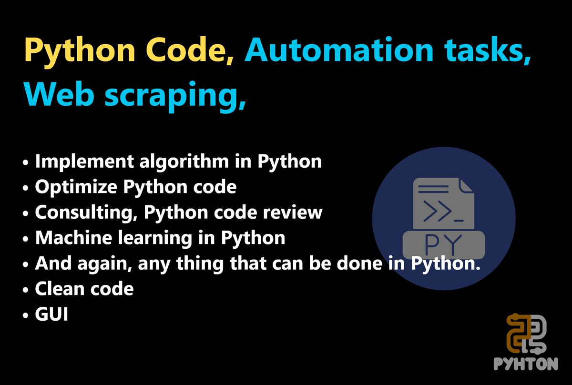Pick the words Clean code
[x=84, y=289]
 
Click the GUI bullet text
[x=51, y=314]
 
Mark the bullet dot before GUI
[x=26, y=315]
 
